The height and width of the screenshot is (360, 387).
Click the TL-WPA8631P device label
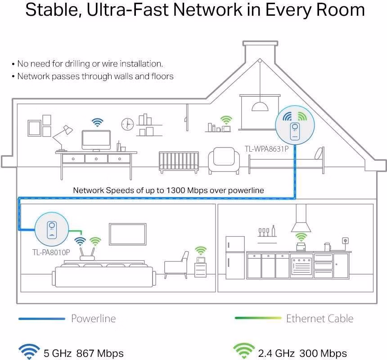[x=266, y=149]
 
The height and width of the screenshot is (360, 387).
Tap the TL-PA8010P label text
[x=51, y=252]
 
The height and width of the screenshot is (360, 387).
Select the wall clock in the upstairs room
[x=128, y=124]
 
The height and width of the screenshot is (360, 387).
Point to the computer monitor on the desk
[x=96, y=141]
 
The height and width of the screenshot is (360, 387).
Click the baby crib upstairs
[x=179, y=162]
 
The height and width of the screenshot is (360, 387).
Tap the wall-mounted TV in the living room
[x=128, y=234]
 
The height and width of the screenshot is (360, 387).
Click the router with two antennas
[x=87, y=254]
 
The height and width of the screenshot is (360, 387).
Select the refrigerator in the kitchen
[x=235, y=257]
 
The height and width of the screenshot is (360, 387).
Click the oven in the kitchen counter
[x=301, y=266]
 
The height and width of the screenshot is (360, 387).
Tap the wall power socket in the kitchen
[x=345, y=241]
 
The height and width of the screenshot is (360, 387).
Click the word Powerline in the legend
[x=93, y=319]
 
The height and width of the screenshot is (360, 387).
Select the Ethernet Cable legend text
[x=319, y=319]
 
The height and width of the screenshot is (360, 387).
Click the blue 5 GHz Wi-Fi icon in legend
[x=29, y=351]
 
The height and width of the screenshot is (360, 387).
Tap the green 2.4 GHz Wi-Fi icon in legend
[x=244, y=351]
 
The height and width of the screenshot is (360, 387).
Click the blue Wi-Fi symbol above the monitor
[x=98, y=122]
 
